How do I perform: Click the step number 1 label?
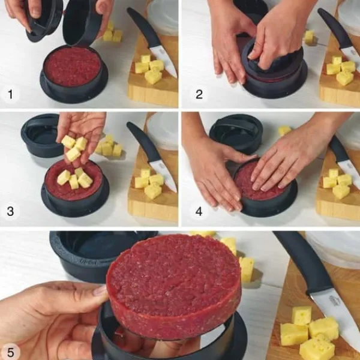point(10,94)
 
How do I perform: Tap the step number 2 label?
point(199,94)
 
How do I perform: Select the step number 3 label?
point(10,211)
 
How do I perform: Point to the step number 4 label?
point(199,211)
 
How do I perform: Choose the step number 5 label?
point(11,352)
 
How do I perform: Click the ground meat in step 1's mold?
point(73,67)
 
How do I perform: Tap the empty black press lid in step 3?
point(41,136)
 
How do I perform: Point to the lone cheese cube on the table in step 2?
point(309,36)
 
